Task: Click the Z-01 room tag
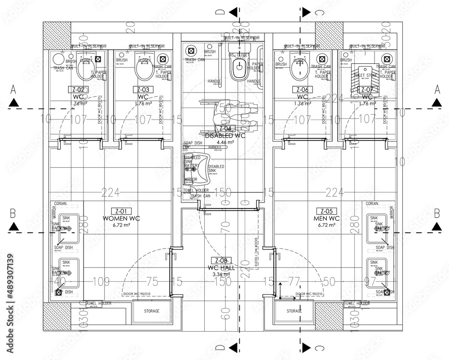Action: tap(120, 211)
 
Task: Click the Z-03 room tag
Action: tap(143, 89)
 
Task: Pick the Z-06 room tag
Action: tap(302, 89)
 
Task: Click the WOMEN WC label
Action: tap(121, 218)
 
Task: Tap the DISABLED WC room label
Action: tap(224, 135)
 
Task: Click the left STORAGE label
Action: tap(151, 311)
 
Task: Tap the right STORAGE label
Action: tap(294, 311)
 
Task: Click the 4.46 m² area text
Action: tap(225, 142)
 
